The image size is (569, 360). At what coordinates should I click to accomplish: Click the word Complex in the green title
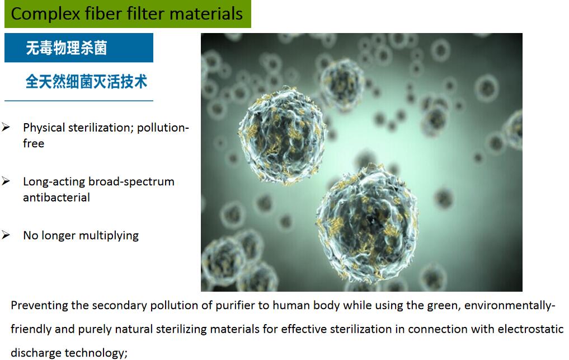click(45, 15)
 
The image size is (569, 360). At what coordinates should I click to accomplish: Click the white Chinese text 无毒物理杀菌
click(67, 48)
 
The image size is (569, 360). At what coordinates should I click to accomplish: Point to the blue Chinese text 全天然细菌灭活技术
click(86, 81)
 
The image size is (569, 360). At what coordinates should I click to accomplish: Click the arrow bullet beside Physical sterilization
click(6, 127)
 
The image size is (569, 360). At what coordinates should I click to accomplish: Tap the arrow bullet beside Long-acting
click(6, 181)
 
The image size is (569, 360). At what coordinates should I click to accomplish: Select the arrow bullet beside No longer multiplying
click(6, 235)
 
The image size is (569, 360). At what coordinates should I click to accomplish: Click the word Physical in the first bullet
click(44, 128)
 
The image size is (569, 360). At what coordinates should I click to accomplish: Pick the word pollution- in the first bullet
click(163, 128)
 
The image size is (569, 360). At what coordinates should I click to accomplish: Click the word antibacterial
click(57, 198)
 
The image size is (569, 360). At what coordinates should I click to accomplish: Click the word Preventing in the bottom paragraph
click(39, 306)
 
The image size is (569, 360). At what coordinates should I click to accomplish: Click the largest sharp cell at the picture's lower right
click(367, 223)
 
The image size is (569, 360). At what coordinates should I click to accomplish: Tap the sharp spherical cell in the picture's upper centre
click(282, 134)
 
